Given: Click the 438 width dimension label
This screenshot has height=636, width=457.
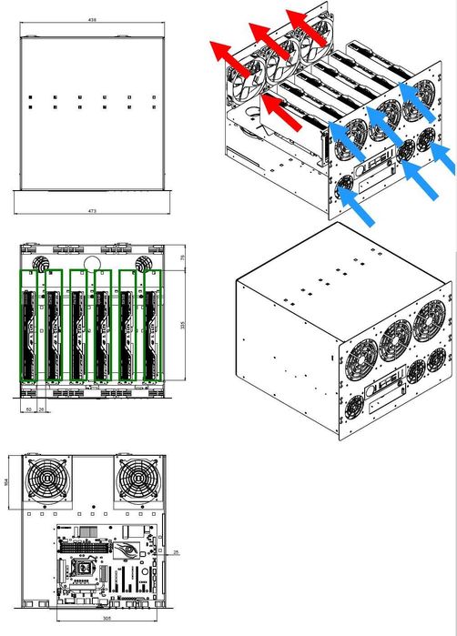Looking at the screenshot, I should [x=93, y=18].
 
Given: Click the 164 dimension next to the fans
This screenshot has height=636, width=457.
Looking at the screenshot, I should [x=10, y=481].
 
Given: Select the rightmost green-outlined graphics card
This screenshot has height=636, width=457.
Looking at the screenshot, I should [x=150, y=324].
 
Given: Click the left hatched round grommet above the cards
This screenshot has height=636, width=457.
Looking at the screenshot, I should [x=40, y=262].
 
